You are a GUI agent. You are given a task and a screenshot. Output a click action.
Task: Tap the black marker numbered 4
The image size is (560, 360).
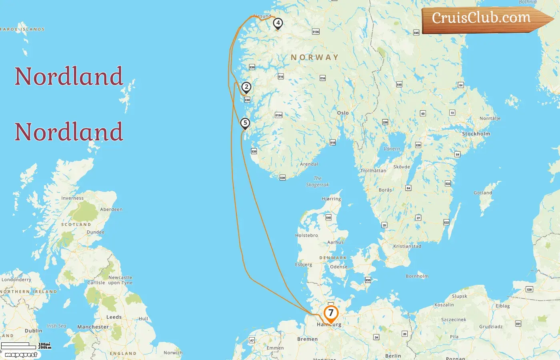point(278,23)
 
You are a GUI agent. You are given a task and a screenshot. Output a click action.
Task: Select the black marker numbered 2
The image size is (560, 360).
point(246,87)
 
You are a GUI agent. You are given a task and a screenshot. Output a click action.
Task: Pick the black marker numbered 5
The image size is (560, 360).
point(245,123)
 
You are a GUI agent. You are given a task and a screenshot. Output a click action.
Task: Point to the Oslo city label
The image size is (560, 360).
point(343,113)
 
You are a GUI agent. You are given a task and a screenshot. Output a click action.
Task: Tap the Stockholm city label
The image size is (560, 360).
point(476,134)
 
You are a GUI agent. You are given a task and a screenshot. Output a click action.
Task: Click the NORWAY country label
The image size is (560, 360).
point(314,58)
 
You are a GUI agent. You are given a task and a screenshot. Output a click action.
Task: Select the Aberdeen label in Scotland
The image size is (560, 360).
point(111,209)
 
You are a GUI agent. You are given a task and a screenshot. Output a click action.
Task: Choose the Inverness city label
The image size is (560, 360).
point(72,198)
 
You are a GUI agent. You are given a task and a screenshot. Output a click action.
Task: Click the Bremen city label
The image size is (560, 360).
point(307,339)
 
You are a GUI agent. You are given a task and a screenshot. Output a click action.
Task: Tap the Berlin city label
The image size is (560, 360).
point(393,356)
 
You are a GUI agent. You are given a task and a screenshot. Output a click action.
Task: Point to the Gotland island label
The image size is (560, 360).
point(483,193)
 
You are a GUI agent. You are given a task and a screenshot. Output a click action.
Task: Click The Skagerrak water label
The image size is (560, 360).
point(318,182)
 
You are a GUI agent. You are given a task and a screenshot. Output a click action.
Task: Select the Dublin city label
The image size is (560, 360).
point(33,331)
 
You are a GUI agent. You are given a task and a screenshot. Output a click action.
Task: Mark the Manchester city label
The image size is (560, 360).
point(93,327)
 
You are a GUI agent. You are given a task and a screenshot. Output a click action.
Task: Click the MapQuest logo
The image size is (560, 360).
point(21,355)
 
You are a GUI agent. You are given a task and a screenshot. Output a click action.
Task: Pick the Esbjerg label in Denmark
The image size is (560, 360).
point(304,264)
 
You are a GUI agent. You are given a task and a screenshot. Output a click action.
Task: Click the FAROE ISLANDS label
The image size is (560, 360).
point(22,29)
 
